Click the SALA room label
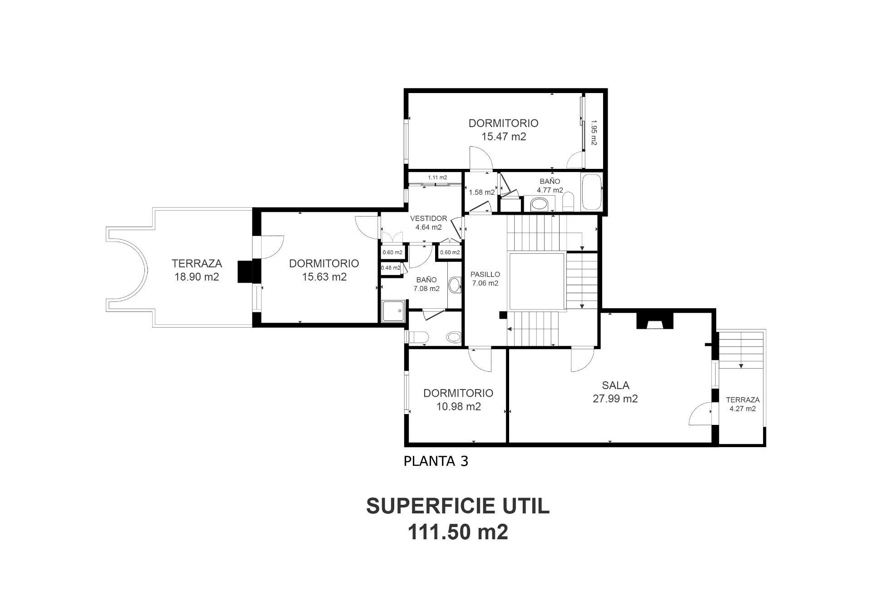(x=615, y=385)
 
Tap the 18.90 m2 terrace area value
(x=197, y=277)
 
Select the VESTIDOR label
(x=428, y=218)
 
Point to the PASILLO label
(x=485, y=275)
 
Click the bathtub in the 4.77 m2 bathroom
(x=591, y=192)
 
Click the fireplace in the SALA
(x=654, y=320)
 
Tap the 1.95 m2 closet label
(x=594, y=133)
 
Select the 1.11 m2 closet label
(x=437, y=177)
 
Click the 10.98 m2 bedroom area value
(x=458, y=407)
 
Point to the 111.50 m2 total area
(x=458, y=532)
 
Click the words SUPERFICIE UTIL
(x=458, y=506)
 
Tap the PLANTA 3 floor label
(x=436, y=461)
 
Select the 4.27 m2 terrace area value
(x=743, y=409)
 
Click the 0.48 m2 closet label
(x=391, y=268)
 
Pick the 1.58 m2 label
(x=481, y=192)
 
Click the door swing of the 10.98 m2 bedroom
(x=480, y=360)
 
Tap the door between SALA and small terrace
(x=701, y=413)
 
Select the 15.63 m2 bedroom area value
(x=324, y=277)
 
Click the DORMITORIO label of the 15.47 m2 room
(x=503, y=123)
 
